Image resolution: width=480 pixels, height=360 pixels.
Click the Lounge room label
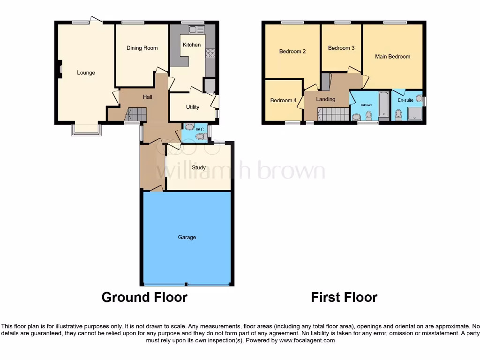[86, 73]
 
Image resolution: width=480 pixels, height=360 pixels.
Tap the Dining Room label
[142, 48]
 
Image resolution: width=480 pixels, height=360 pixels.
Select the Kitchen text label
[192, 45]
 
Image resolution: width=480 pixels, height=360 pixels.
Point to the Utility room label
[193, 107]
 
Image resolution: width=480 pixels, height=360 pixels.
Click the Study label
[199, 167]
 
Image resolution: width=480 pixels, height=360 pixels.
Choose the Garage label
[187, 237]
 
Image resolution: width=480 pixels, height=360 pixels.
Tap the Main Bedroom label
[392, 56]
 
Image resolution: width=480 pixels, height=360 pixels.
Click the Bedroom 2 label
[292, 51]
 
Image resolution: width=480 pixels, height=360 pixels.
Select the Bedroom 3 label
[341, 48]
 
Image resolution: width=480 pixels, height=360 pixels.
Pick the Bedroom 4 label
[283, 100]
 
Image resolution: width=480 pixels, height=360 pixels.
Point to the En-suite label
[405, 100]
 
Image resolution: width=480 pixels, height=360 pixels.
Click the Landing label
[325, 99]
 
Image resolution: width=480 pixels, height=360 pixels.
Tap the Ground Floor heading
[144, 297]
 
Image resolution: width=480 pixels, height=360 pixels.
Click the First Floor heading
[344, 297]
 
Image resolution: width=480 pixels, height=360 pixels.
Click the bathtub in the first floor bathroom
[383, 104]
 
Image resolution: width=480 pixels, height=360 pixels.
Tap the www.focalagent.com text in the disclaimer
[307, 340]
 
